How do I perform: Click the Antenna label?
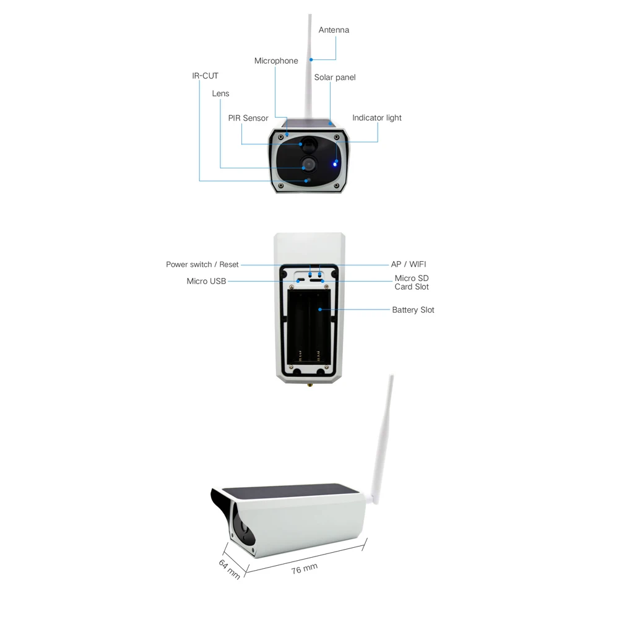tap(334, 30)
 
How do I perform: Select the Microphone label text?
tap(276, 61)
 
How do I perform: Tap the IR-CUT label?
tap(205, 76)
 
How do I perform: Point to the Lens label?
tap(220, 93)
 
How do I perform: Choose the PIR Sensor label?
tap(248, 118)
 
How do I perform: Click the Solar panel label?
tap(335, 77)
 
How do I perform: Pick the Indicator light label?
tap(376, 118)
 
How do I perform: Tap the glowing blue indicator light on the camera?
tap(334, 164)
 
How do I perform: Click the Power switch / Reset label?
tap(202, 264)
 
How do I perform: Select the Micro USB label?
tap(206, 281)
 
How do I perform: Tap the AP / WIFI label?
tap(408, 264)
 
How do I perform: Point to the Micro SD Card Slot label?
tap(412, 283)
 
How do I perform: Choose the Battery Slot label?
tap(413, 310)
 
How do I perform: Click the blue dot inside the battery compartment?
tap(320, 309)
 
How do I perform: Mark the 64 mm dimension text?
tap(230, 569)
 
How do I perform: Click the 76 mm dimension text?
tap(305, 569)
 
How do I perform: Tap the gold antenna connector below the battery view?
tap(309, 384)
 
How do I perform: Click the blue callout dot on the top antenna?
tap(311, 59)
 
